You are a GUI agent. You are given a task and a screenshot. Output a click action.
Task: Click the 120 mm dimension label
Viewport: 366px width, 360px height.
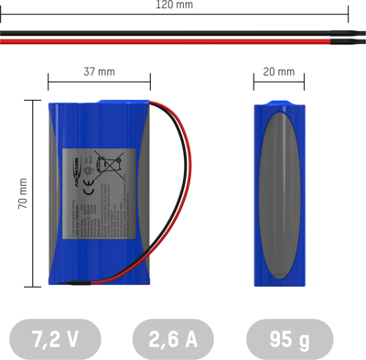(x=174, y=5)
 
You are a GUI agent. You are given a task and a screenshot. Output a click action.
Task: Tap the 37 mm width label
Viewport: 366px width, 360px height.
(x=99, y=71)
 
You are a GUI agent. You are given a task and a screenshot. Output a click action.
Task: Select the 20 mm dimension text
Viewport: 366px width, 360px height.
(x=279, y=71)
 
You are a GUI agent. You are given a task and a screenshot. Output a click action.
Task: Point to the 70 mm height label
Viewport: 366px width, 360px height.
(x=23, y=193)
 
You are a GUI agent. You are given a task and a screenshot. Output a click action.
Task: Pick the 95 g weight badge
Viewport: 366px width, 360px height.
(x=289, y=339)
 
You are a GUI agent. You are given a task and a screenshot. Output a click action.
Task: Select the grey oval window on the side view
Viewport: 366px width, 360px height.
(x=279, y=198)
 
